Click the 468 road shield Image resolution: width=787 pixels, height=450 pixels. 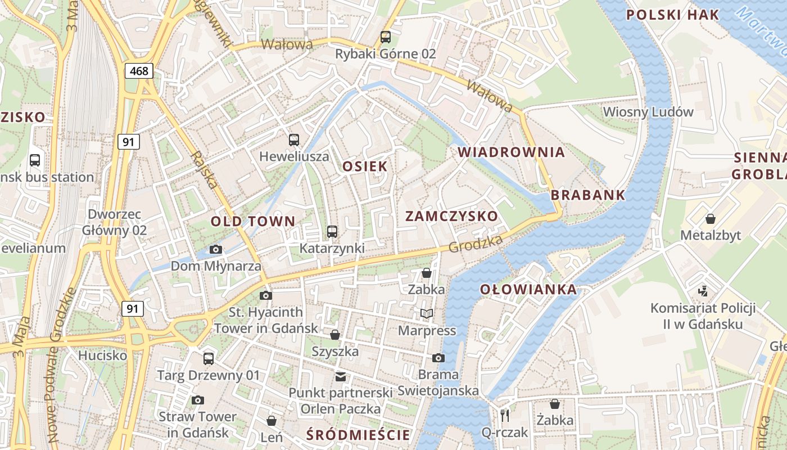coord(139,71)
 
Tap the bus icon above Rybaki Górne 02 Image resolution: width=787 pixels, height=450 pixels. coord(385,37)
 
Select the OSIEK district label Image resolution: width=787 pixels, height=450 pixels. coord(365,166)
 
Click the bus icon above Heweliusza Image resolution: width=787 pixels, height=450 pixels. coord(293,140)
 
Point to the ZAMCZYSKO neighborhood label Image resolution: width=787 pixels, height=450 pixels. coord(451,217)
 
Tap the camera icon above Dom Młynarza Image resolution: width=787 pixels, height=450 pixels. coord(215,249)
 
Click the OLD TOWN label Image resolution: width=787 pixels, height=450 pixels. coord(252,222)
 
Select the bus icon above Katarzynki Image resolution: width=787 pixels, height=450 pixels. coord(332,232)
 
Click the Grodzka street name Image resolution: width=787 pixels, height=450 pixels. coord(476,243)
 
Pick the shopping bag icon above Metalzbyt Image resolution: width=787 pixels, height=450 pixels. coord(711,219)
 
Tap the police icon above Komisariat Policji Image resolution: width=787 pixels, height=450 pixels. coord(703,291)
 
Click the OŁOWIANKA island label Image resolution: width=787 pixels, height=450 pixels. coord(528,290)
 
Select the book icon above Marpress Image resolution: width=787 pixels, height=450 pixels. coord(427,313)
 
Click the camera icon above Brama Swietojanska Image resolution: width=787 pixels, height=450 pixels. coord(438,358)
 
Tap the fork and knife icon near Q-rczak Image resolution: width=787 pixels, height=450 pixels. coord(505,416)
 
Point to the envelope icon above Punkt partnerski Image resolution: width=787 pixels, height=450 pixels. coord(340,376)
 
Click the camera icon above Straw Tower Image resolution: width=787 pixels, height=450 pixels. coord(197,400)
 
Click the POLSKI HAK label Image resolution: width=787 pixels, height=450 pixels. coord(672,15)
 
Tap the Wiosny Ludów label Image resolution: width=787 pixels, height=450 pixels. coord(648,112)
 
